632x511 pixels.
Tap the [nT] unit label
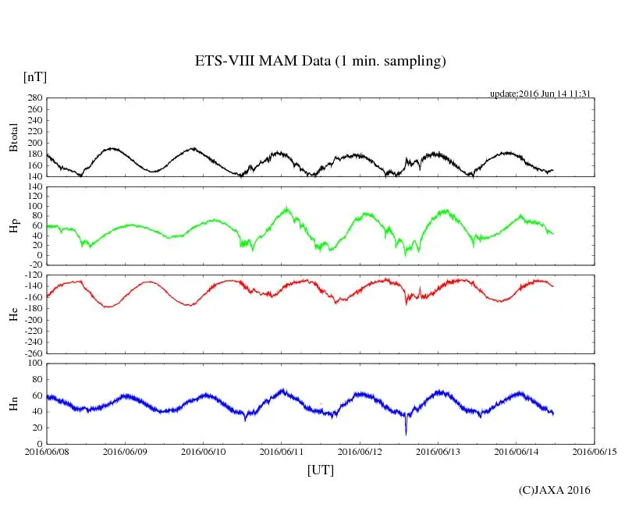point(35,76)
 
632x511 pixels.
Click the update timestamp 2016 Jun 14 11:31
point(539,93)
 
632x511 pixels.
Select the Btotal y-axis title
point(13,137)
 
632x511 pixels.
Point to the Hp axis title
point(13,226)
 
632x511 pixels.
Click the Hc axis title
point(13,314)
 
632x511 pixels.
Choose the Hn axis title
point(13,403)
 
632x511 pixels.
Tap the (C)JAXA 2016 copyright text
point(555,490)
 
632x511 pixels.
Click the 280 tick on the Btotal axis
point(34,98)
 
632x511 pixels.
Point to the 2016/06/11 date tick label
point(282,452)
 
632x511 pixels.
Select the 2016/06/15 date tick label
point(595,452)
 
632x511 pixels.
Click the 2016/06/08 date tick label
point(46,452)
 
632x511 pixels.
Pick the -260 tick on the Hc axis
point(32,353)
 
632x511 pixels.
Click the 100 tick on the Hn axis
point(34,364)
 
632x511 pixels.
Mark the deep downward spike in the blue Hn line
point(406,433)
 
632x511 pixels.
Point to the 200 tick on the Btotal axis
point(34,143)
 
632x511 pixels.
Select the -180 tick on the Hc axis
point(32,308)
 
